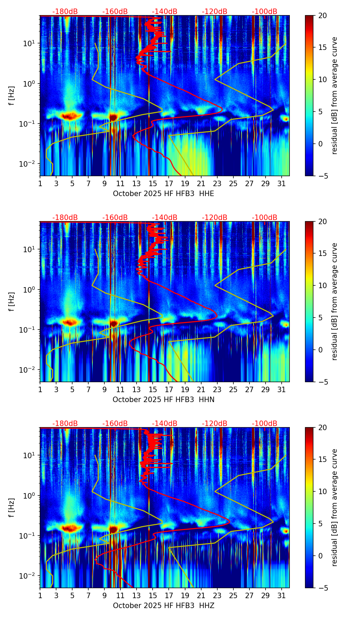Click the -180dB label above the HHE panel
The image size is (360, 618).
(65, 12)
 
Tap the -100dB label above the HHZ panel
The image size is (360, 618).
(265, 424)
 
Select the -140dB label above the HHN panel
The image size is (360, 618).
(165, 218)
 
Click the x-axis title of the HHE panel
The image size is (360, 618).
(163, 194)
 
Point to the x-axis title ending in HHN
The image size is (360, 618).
(163, 400)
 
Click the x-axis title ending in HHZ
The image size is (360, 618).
(163, 606)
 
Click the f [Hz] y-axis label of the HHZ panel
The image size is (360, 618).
(12, 507)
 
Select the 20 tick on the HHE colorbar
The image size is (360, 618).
(322, 15)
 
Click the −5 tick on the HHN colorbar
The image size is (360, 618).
(322, 382)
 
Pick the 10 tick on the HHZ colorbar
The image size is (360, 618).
(322, 492)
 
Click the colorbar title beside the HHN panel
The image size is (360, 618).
(334, 301)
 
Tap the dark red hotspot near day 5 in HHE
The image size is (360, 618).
(69, 116)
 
